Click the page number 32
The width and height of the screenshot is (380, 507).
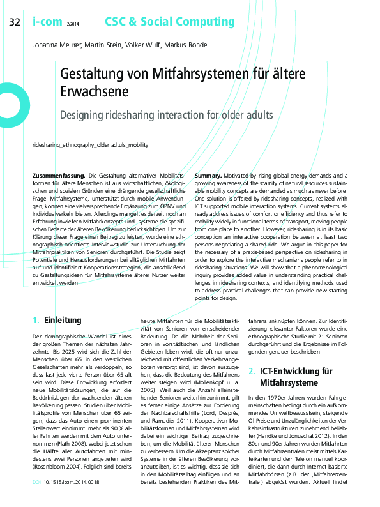click(x=14, y=23)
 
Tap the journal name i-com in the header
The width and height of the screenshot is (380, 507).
click(x=45, y=22)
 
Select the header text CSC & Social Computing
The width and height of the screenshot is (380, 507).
click(x=160, y=22)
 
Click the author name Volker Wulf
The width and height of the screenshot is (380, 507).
click(x=142, y=45)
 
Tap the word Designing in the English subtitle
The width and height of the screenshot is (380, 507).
click(x=84, y=116)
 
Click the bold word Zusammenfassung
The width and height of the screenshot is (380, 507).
click(x=59, y=175)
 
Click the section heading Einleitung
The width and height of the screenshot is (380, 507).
click(x=64, y=319)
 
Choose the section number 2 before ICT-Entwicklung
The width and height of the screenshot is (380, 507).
click(x=251, y=370)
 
